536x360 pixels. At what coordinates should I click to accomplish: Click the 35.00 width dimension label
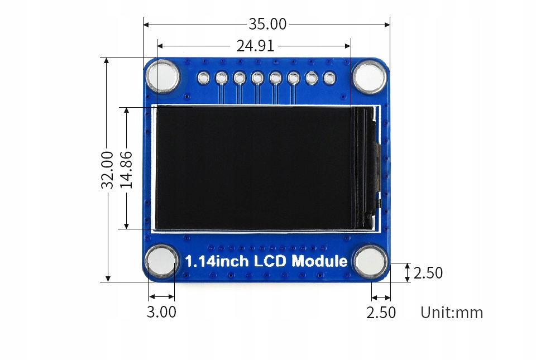(x=267, y=25)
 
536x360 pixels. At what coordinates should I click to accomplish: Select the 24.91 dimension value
(x=255, y=46)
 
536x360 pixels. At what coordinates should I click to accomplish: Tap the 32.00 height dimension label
(x=108, y=169)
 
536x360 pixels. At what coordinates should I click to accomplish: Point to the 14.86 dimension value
(x=127, y=169)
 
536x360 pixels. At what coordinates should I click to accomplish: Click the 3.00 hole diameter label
(x=161, y=312)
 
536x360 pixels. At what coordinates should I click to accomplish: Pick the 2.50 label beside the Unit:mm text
(x=381, y=313)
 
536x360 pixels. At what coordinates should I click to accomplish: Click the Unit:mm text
(x=452, y=313)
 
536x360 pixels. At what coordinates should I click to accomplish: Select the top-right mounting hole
(x=369, y=77)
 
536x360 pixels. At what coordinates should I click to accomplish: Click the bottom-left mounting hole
(x=162, y=261)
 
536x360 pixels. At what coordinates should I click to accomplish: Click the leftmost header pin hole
(x=204, y=78)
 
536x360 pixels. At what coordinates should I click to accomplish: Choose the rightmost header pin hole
(x=329, y=78)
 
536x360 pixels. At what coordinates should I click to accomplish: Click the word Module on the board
(x=319, y=261)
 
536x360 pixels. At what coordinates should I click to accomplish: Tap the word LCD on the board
(x=271, y=261)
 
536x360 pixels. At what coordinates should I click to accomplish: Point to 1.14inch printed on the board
(x=217, y=261)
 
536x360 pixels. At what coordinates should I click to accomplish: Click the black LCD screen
(x=254, y=167)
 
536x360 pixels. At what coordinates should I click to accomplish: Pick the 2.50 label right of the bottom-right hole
(x=428, y=273)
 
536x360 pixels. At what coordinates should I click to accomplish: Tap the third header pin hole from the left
(x=240, y=78)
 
